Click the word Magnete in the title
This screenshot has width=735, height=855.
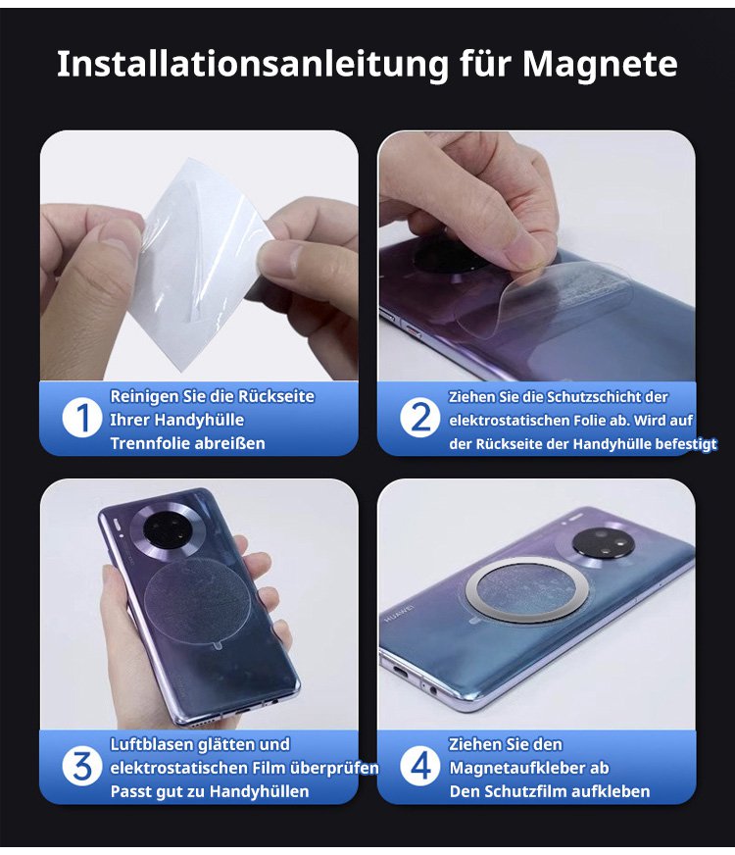pos(600,65)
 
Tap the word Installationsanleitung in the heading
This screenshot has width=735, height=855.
pos(254,65)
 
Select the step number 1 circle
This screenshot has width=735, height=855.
pos(82,419)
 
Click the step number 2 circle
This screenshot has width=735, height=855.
pos(420,419)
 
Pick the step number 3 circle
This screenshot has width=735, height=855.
pos(82,766)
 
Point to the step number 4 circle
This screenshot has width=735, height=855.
pos(420,766)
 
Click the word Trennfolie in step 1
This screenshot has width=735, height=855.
pos(143,443)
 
